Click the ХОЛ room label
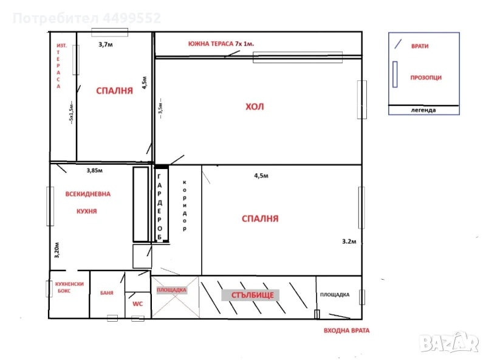pyautogui.click(x=255, y=107)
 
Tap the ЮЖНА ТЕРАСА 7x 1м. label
pyautogui.click(x=221, y=44)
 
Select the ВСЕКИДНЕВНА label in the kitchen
pyautogui.click(x=87, y=194)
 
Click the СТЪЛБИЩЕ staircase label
pyautogui.click(x=252, y=295)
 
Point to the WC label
pyautogui.click(x=138, y=304)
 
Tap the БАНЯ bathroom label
pyautogui.click(x=107, y=292)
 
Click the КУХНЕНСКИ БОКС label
pyautogui.click(x=69, y=288)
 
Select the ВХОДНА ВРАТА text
pyautogui.click(x=346, y=331)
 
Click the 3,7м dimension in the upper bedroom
pyautogui.click(x=105, y=44)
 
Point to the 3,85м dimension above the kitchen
pyautogui.click(x=94, y=170)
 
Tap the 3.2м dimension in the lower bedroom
pyautogui.click(x=349, y=241)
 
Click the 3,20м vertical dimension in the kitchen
pyautogui.click(x=56, y=250)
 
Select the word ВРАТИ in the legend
pyautogui.click(x=420, y=46)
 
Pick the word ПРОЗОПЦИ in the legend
pyautogui.click(x=426, y=78)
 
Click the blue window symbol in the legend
pyautogui.click(x=395, y=74)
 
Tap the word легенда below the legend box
pyautogui.click(x=423, y=110)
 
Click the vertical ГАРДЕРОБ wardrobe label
pyautogui.click(x=159, y=207)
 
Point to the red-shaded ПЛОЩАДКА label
pyautogui.click(x=171, y=290)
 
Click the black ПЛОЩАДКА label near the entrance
pyautogui.click(x=335, y=294)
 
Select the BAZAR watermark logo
pyautogui.click(x=449, y=343)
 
